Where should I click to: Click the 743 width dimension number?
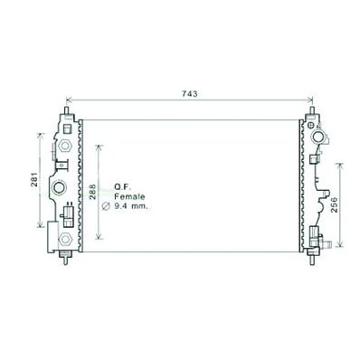click(190, 94)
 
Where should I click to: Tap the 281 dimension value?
click(35, 179)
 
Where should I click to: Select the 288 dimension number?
click(92, 192)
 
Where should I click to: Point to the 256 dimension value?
click(335, 205)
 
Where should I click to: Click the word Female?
click(129, 197)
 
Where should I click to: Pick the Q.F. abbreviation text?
click(122, 187)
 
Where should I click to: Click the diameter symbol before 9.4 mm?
click(106, 206)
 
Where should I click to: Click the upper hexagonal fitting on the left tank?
click(64, 146)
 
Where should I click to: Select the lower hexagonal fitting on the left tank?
click(64, 240)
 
